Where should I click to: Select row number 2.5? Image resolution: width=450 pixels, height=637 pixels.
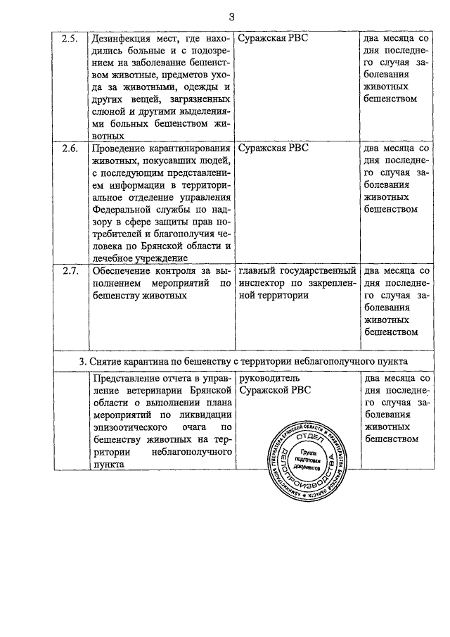point(70,37)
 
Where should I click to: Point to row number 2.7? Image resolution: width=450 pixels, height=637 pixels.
point(70,270)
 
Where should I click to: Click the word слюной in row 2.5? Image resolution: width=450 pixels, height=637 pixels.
point(101,111)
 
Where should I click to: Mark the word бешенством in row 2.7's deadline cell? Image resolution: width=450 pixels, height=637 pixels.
point(392,332)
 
